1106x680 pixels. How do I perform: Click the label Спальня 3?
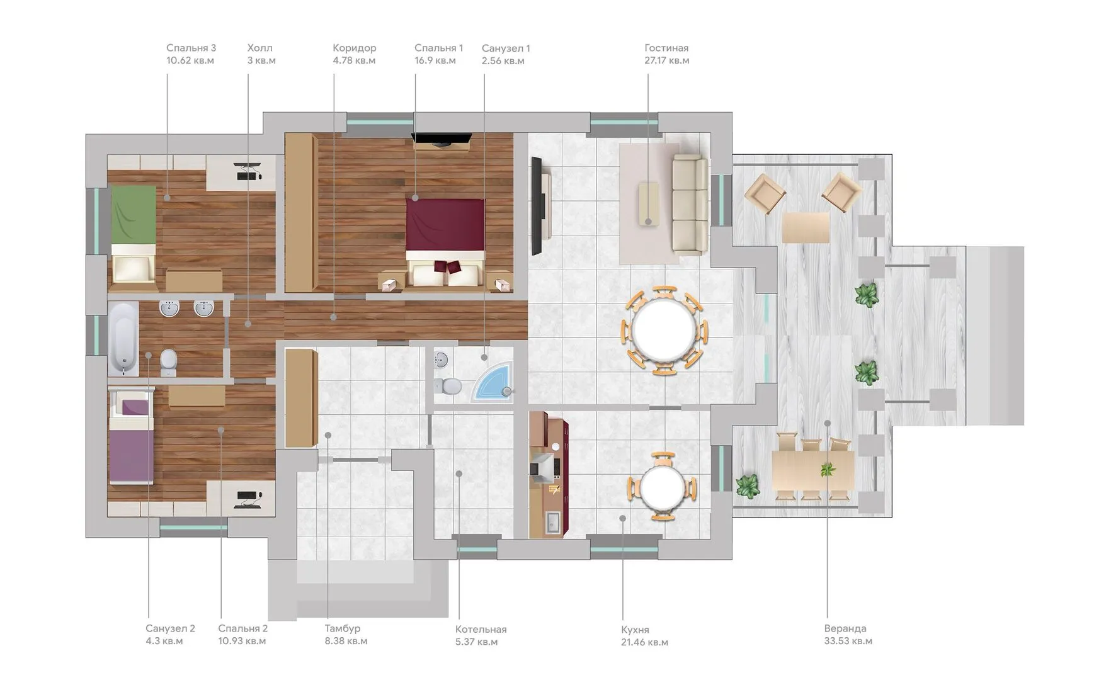(x=191, y=48)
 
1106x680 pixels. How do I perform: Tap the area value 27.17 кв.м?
(x=666, y=60)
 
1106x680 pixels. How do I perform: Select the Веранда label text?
(x=845, y=628)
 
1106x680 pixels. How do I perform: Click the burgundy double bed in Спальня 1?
(x=445, y=242)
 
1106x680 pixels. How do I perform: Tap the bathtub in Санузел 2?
(x=123, y=339)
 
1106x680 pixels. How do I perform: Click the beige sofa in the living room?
(x=688, y=205)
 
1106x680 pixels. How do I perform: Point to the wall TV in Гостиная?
(x=537, y=206)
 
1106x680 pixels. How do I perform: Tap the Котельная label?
(x=481, y=630)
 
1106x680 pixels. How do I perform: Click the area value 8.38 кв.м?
(x=346, y=641)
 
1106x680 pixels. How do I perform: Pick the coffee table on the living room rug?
(x=648, y=203)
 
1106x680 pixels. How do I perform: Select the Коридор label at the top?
(x=355, y=48)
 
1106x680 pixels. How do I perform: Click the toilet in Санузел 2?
(x=169, y=361)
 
